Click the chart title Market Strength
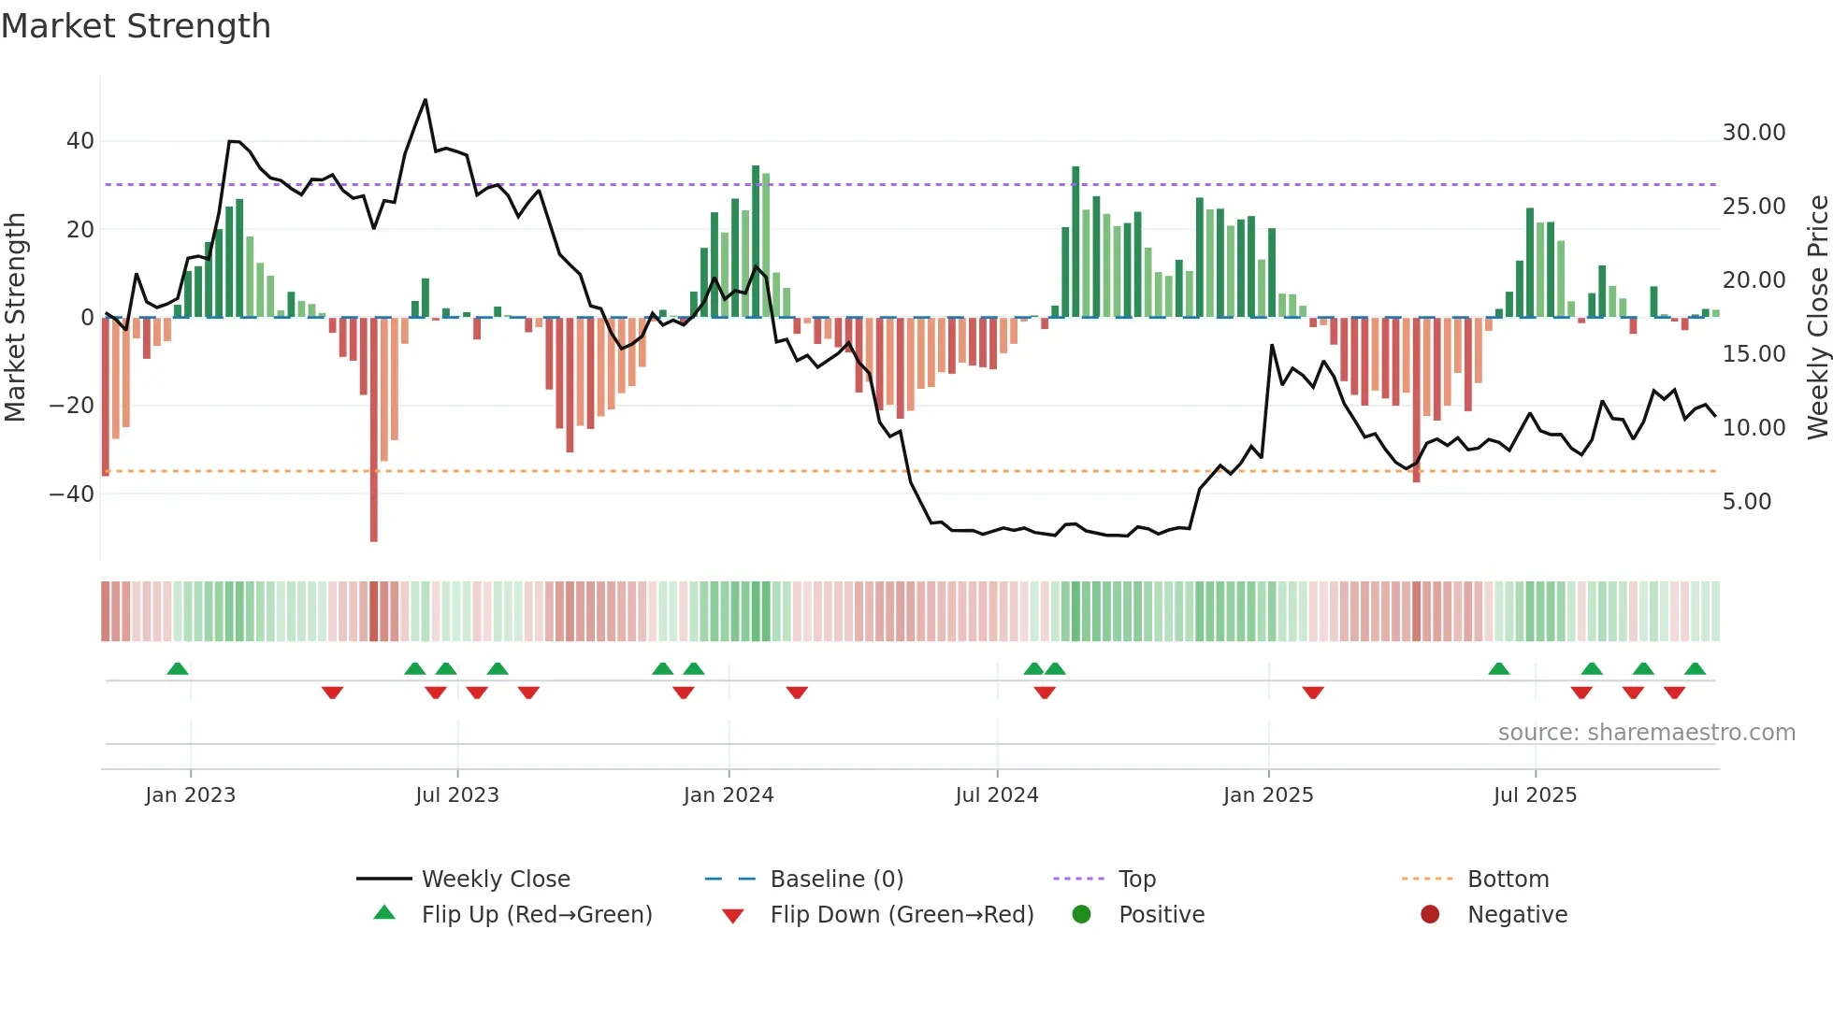coord(136,26)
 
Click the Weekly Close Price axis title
coord(1817,318)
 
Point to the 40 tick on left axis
coord(79,141)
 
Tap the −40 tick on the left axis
coord(72,494)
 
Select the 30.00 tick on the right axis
coord(1754,133)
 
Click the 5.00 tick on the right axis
coord(1747,502)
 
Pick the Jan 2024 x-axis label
coord(729,795)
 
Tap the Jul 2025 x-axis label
coord(1535,795)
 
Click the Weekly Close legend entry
coord(495,880)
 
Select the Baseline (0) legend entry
coord(836,880)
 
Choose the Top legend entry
coord(1136,880)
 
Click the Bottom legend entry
coord(1508,880)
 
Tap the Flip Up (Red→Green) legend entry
coord(536,915)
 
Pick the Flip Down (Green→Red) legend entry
coord(901,915)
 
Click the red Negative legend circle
coord(1430,914)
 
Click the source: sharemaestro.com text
coord(1646,733)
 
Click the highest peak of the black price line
coord(426,100)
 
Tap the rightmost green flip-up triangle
coord(1695,668)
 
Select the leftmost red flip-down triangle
coord(332,693)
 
